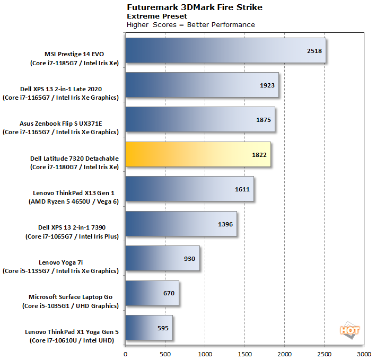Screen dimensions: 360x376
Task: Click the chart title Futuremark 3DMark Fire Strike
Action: [x=194, y=7]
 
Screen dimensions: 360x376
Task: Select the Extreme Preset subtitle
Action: [x=150, y=16]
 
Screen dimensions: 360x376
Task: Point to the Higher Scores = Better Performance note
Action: [x=190, y=25]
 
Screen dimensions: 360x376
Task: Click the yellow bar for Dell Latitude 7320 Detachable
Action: [x=198, y=155]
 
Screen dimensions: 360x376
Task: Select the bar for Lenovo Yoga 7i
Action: [x=162, y=258]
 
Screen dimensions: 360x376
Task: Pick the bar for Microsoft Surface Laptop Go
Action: [x=152, y=293]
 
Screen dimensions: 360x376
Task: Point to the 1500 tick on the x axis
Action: [x=244, y=353]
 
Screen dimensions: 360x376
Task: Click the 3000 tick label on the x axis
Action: [x=364, y=353]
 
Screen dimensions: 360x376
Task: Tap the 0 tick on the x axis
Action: [x=126, y=353]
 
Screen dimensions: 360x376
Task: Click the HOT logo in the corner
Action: [x=349, y=329]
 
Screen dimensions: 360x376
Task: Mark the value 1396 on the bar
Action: [x=226, y=224]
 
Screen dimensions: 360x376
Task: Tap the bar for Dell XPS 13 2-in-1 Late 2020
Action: [x=202, y=85]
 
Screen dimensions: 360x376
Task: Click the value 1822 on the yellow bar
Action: [x=260, y=155]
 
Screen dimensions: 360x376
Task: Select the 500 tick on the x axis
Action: [x=165, y=353]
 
